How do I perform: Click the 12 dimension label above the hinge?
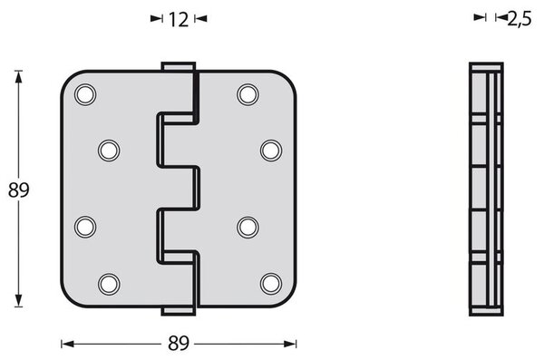(179, 18)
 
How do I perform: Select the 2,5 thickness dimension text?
(519, 17)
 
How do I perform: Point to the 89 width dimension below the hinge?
(180, 344)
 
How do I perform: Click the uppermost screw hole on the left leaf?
(85, 94)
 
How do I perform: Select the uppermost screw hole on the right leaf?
(248, 94)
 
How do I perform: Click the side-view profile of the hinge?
(485, 189)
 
